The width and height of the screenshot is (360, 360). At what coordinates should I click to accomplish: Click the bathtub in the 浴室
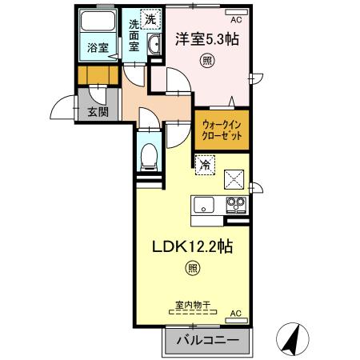coord(98,21)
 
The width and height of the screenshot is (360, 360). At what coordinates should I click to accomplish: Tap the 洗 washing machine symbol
coord(150,19)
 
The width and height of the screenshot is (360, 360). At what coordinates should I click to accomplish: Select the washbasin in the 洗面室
coord(154,45)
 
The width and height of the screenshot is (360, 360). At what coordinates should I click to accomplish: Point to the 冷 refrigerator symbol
coord(205,165)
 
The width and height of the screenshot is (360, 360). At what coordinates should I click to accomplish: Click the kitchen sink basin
coord(204,205)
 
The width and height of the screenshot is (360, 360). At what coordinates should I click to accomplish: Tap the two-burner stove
coord(236,205)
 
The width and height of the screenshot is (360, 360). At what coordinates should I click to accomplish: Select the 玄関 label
coord(98,112)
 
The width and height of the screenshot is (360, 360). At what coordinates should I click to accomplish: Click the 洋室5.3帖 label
coord(206,39)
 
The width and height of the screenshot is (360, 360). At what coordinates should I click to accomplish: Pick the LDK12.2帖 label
coord(193,246)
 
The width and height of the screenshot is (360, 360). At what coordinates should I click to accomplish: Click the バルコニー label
coord(207,341)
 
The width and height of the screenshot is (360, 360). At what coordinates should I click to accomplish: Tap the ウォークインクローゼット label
coord(222,130)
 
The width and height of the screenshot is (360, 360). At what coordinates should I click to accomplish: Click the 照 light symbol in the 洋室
coord(207,61)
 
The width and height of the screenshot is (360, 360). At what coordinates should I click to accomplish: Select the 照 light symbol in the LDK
coord(193,268)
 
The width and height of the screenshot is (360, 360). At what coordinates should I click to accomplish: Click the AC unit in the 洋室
coord(237,12)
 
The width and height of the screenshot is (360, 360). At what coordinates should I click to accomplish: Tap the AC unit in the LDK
coord(236,321)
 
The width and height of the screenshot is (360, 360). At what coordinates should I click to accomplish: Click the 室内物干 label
coord(193,305)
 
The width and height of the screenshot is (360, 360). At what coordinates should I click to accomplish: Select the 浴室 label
coord(98,47)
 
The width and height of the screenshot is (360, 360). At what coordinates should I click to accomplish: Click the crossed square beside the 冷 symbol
coord(234,179)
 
